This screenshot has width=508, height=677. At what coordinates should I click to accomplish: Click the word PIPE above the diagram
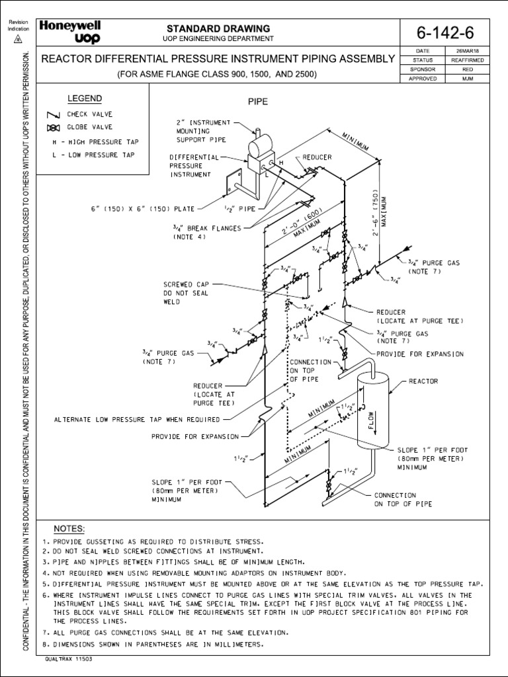click(256, 102)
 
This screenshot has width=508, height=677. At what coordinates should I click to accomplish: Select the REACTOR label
click(423, 381)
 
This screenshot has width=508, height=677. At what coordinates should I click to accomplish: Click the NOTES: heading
click(69, 530)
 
